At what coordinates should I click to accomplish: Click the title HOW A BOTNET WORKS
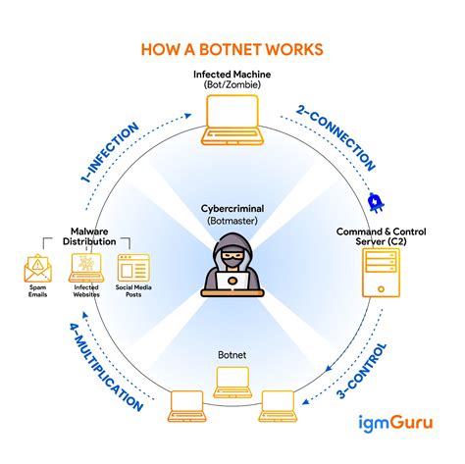[232, 49]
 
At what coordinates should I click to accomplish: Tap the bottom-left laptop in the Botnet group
[186, 404]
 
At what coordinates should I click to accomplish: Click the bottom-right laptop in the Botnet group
[279, 404]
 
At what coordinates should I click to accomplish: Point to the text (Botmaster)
[232, 222]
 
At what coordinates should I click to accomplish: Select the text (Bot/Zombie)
[232, 86]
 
